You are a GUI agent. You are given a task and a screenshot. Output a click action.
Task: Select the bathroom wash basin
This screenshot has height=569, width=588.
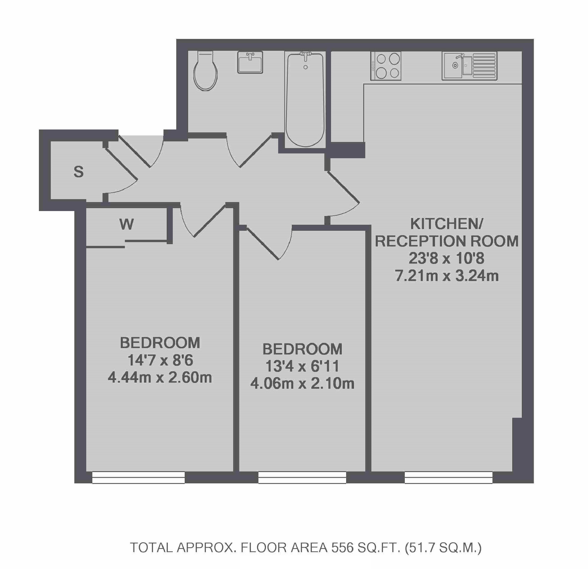(x=250, y=62)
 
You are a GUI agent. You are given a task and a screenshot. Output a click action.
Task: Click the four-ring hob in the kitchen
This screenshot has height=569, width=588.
(x=386, y=66)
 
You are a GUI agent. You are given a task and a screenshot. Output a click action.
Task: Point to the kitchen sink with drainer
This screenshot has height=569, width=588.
(x=469, y=66)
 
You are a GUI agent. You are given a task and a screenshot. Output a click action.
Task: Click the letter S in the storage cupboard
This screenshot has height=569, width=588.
(x=79, y=172)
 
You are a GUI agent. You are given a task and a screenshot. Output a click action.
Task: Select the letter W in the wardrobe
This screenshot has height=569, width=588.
(x=126, y=224)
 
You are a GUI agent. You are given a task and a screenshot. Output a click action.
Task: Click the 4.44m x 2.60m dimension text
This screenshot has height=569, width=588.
(x=160, y=378)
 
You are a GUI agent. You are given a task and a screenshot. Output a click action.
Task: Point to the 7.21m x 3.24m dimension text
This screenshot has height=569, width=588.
(x=446, y=276)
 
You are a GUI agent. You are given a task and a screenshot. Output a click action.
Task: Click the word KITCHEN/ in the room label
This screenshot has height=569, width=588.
(x=446, y=224)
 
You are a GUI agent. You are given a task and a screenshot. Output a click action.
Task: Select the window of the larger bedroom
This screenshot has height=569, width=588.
(x=138, y=477)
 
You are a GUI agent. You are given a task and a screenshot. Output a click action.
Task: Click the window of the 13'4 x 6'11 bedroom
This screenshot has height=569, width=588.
(x=302, y=477)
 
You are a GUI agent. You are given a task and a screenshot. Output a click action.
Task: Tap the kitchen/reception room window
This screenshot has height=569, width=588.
(x=448, y=477)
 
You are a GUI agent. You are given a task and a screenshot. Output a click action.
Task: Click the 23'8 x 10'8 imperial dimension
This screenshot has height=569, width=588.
(x=446, y=258)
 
